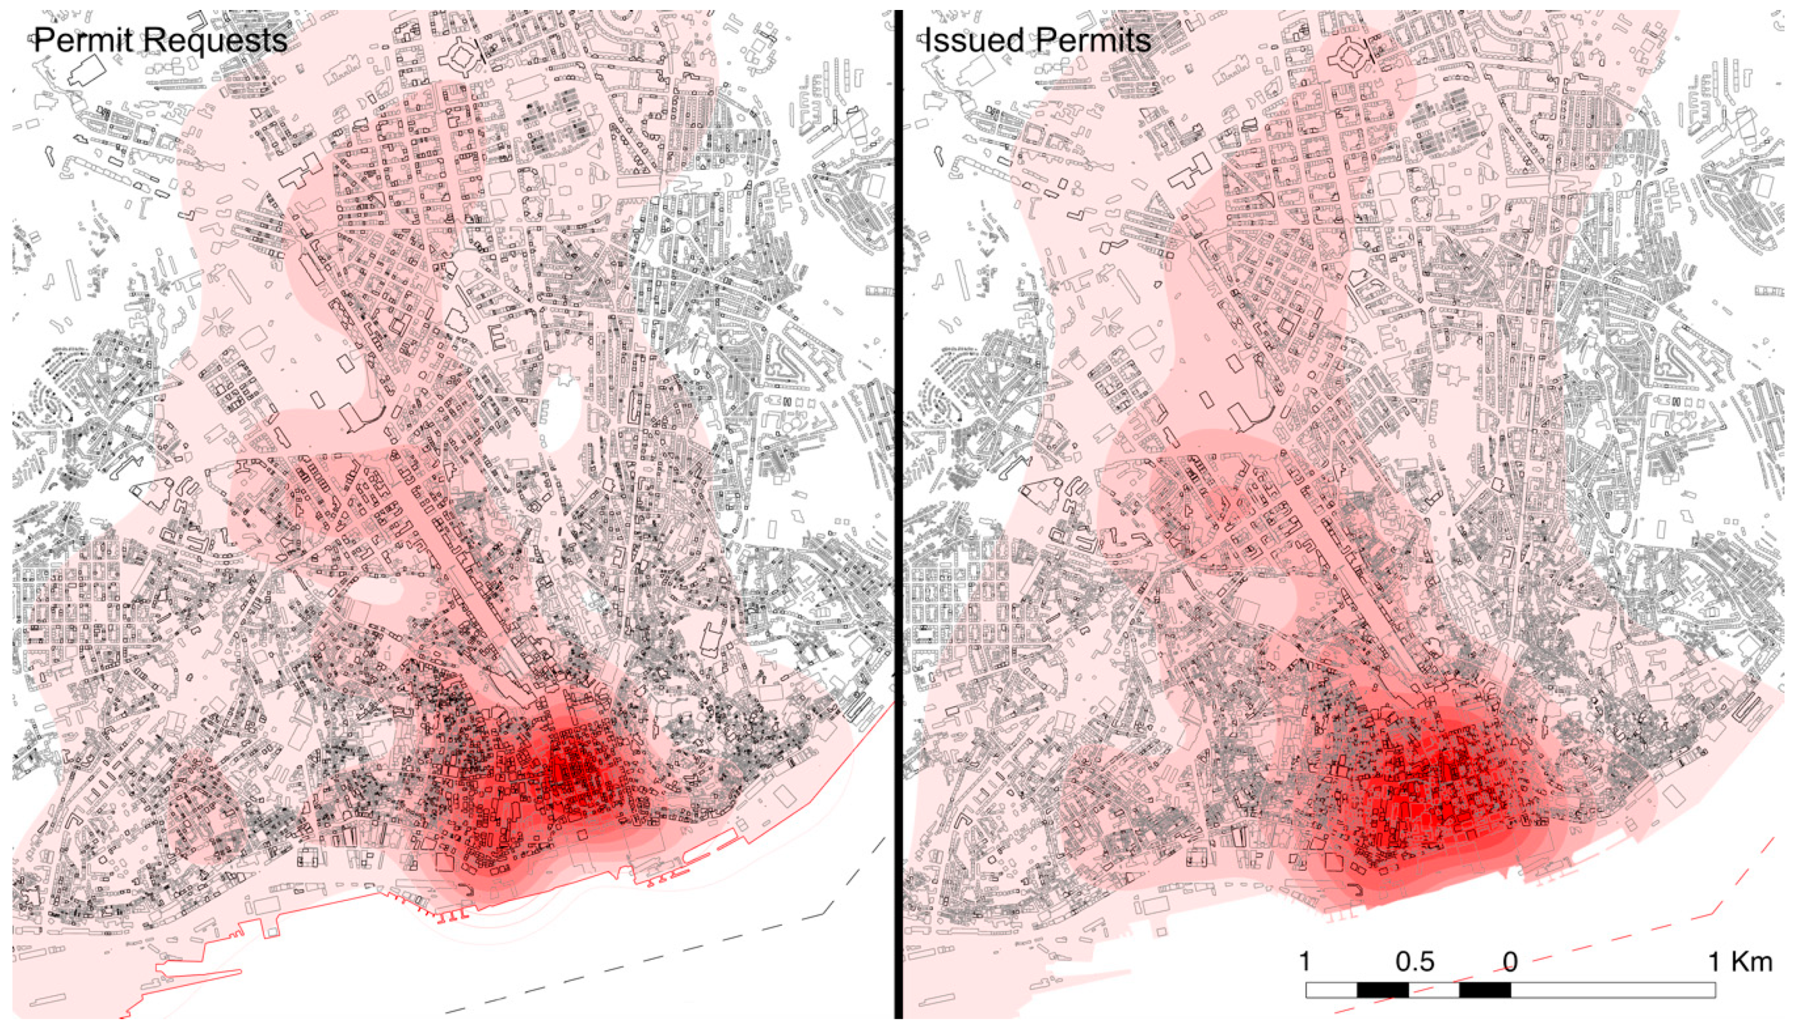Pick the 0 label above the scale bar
(x=1510, y=962)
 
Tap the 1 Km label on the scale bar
(x=1741, y=962)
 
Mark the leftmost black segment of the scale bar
(x=1383, y=990)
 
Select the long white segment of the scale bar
(x=1613, y=990)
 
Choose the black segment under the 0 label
(x=1485, y=990)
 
